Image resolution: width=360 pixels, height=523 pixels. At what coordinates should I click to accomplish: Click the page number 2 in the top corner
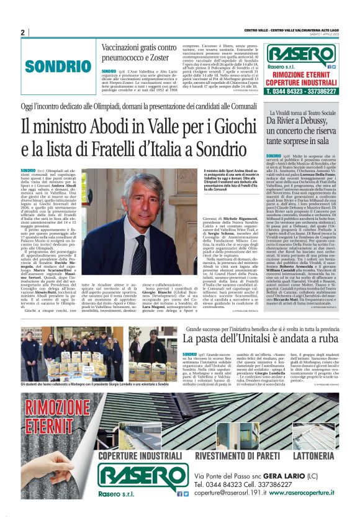click(x=22, y=32)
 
